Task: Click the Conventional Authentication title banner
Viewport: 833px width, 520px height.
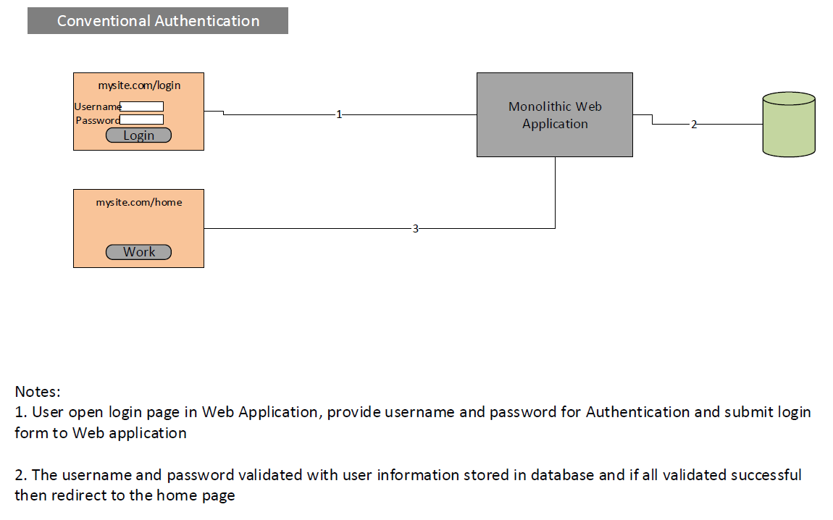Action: [158, 21]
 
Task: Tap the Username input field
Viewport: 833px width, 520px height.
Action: [142, 106]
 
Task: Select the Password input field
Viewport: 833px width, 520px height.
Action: [142, 119]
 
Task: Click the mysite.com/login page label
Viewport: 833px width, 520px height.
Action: [139, 85]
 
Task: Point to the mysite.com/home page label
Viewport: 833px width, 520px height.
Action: [139, 202]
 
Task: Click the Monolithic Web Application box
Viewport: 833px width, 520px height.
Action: [555, 114]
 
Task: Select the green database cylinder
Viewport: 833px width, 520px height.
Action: [789, 125]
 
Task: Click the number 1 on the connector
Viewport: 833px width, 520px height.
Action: [339, 114]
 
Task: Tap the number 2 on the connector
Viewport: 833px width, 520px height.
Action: [694, 125]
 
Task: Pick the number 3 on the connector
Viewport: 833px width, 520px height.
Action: [416, 228]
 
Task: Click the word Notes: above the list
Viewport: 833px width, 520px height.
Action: [38, 392]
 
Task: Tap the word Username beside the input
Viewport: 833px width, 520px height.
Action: [98, 106]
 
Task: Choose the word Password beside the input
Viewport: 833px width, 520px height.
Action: [98, 120]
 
